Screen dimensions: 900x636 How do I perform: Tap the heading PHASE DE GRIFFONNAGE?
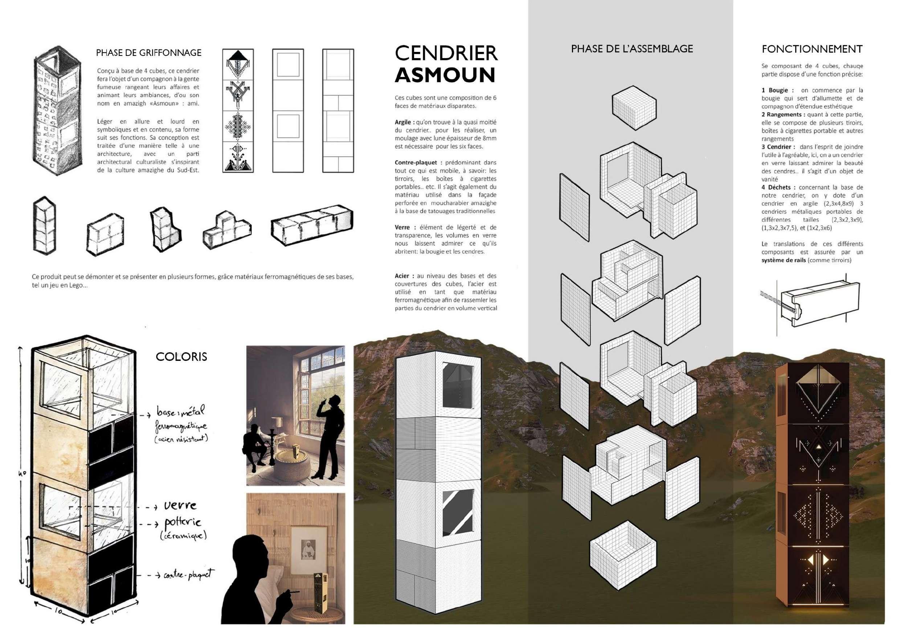[148, 53]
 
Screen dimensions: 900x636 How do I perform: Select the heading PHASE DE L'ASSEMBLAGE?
[632, 49]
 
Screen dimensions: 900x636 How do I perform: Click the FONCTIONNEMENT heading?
[812, 49]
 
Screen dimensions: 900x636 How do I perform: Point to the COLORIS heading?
[181, 356]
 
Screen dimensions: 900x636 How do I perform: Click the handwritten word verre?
[180, 505]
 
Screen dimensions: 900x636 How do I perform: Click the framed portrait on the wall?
[308, 547]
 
